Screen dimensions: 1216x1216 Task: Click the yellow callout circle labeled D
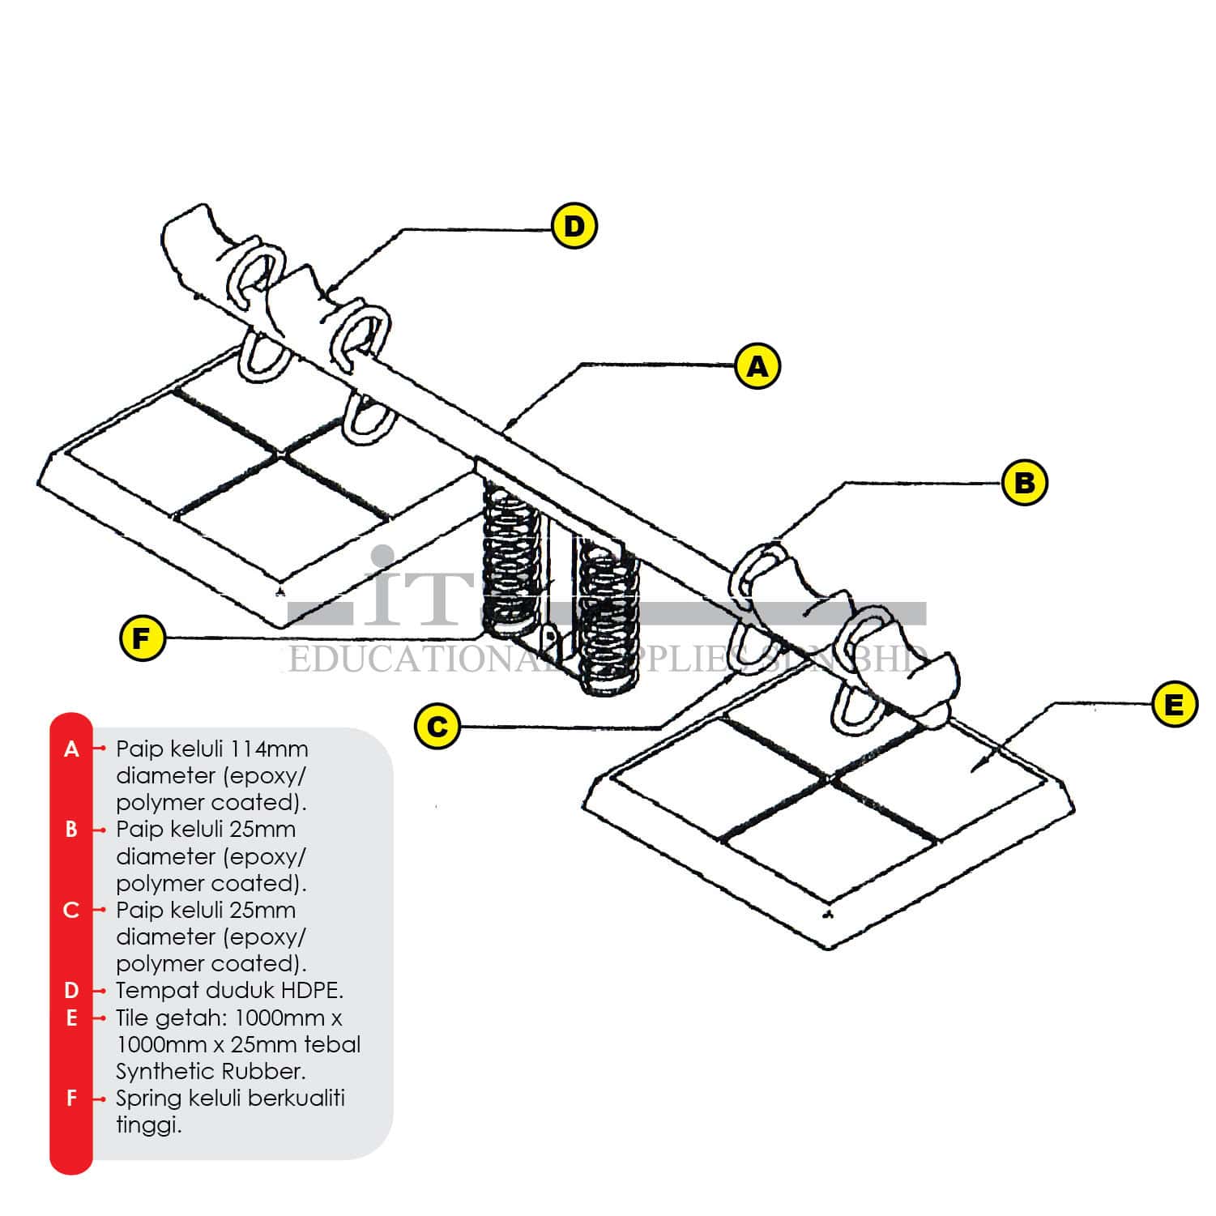tap(574, 226)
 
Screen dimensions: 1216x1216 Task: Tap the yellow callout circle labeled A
tap(757, 366)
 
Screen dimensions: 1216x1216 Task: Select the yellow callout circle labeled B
tap(1024, 483)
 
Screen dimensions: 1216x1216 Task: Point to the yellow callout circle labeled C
tap(437, 725)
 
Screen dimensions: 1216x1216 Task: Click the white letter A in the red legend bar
tap(71, 749)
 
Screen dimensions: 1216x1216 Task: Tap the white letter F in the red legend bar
tap(71, 1099)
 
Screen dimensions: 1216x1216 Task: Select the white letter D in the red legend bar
tap(71, 990)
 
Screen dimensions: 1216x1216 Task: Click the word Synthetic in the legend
tap(160, 1072)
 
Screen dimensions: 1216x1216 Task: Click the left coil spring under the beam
tap(510, 559)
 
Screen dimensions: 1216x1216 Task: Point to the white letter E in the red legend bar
tap(71, 1018)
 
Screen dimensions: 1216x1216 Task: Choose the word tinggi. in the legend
tap(148, 1126)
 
